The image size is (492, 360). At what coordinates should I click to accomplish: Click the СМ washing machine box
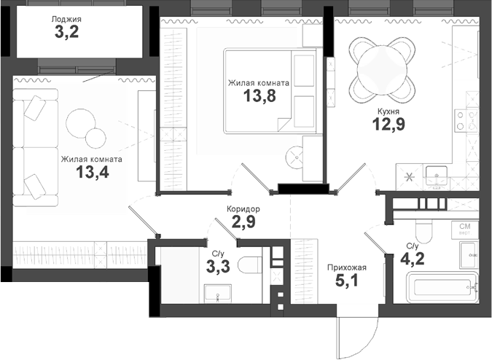[x=464, y=230]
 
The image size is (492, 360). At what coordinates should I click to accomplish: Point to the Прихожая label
[x=347, y=267]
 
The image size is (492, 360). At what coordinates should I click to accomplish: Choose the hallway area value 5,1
[x=347, y=281]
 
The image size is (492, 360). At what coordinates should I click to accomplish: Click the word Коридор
[x=243, y=209]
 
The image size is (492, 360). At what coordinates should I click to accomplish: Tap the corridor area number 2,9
[x=243, y=222]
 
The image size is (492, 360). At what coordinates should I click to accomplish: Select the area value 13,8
[x=258, y=97]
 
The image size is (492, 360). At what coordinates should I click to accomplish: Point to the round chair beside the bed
[x=299, y=155]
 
